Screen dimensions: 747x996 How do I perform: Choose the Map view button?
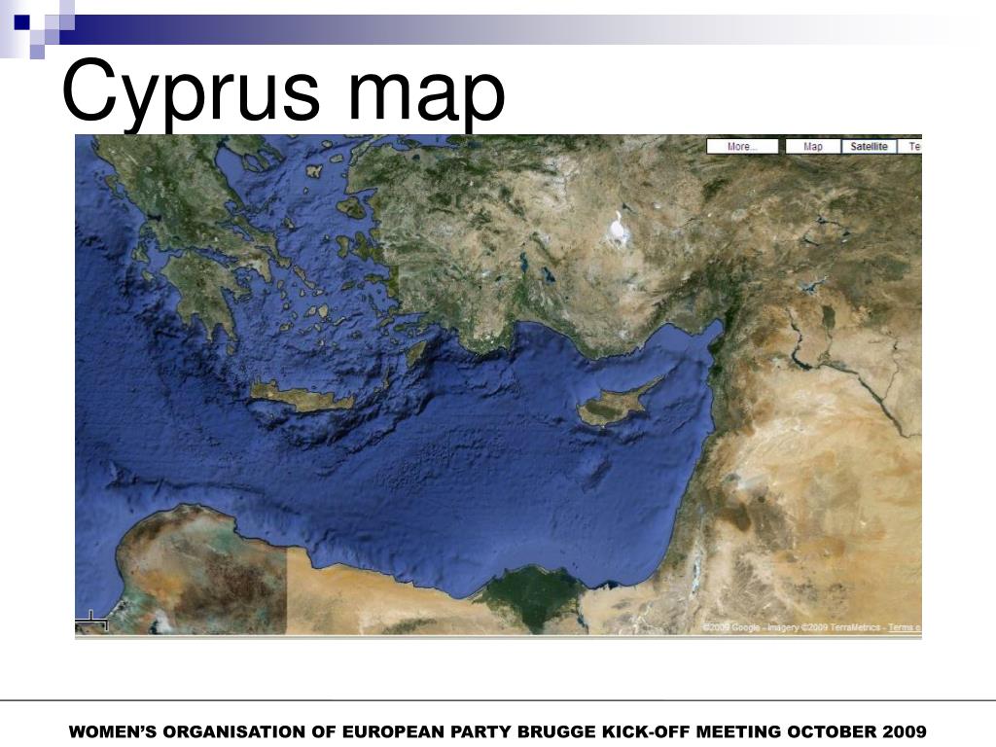tap(812, 147)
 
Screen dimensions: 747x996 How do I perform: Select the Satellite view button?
tap(869, 147)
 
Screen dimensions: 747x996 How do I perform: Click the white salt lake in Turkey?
tap(618, 230)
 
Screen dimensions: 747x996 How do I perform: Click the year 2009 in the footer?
tap(907, 731)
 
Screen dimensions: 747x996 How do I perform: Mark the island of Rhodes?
tap(416, 350)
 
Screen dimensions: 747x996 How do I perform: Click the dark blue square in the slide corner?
tap(21, 20)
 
